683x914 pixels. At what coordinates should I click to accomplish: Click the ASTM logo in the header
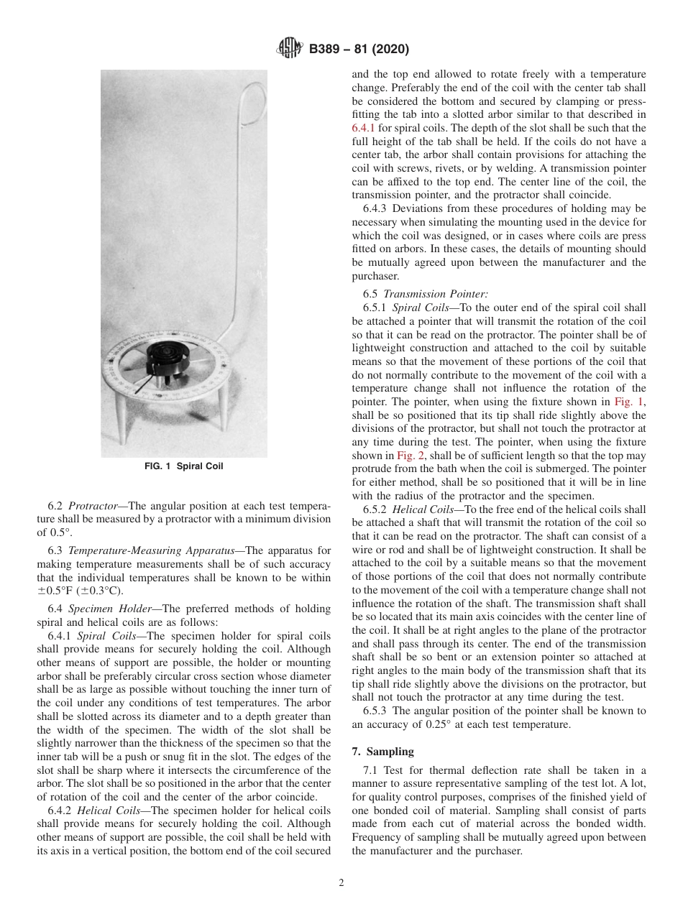click(x=290, y=50)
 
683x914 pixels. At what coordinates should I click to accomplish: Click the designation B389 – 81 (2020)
click(x=359, y=50)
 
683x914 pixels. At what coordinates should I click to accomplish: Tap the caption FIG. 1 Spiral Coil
click(x=184, y=466)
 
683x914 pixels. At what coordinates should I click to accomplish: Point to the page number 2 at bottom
click(x=341, y=883)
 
